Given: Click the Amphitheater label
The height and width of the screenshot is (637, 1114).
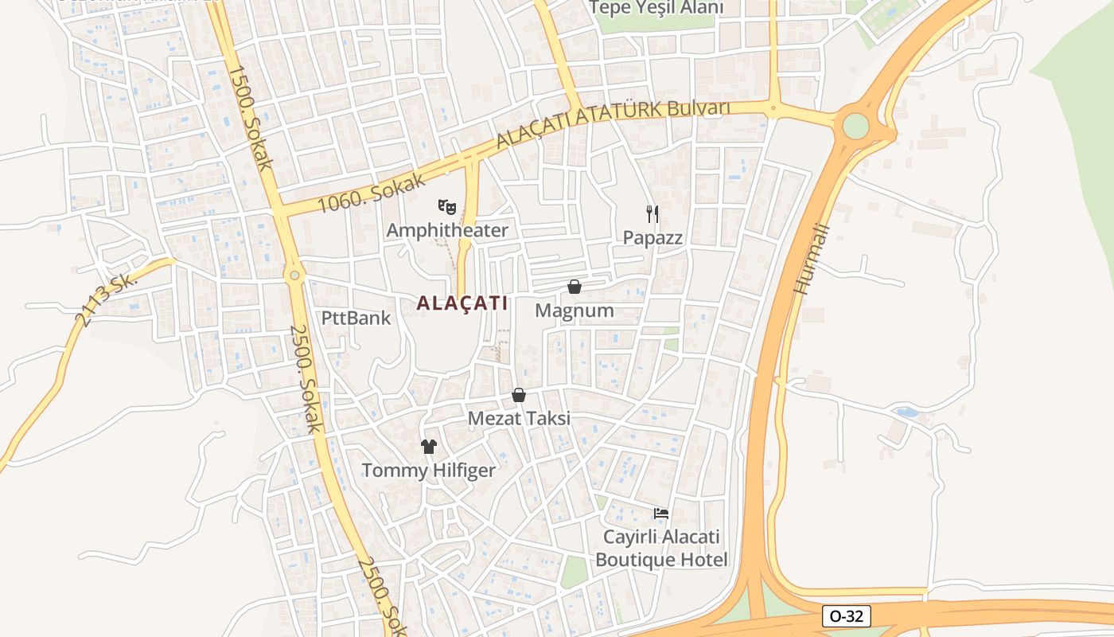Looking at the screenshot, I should [447, 231].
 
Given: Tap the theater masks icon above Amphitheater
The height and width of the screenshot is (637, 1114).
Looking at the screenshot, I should [447, 208].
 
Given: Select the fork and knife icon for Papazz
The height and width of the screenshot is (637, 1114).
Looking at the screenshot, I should [652, 213].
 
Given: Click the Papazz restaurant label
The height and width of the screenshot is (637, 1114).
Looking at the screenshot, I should [652, 237].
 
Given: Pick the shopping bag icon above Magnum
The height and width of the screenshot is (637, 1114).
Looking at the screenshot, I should [575, 287].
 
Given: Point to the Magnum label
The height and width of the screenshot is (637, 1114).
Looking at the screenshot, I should [575, 311].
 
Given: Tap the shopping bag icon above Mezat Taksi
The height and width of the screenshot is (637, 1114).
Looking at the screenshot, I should [519, 395].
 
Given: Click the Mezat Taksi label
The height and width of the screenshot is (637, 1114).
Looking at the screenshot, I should [519, 419].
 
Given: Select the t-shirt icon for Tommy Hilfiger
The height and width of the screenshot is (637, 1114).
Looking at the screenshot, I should [429, 447].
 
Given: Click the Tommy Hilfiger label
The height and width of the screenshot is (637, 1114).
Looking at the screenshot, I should [429, 471].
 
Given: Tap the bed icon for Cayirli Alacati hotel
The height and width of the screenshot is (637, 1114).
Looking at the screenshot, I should [661, 514].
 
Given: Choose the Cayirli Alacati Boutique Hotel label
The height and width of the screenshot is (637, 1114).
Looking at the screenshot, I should [661, 548].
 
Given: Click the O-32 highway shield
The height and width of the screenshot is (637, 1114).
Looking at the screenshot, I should [846, 616].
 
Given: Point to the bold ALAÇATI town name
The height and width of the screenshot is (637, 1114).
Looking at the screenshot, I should [462, 303].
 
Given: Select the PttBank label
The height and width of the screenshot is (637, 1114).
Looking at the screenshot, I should [356, 318].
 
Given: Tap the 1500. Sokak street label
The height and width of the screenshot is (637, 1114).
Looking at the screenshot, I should [251, 118].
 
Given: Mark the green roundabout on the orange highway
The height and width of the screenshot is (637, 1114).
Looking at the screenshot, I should [855, 126].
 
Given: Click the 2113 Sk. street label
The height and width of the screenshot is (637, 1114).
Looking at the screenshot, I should [106, 301].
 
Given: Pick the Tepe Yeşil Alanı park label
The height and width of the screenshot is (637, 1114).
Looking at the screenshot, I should [657, 8].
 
